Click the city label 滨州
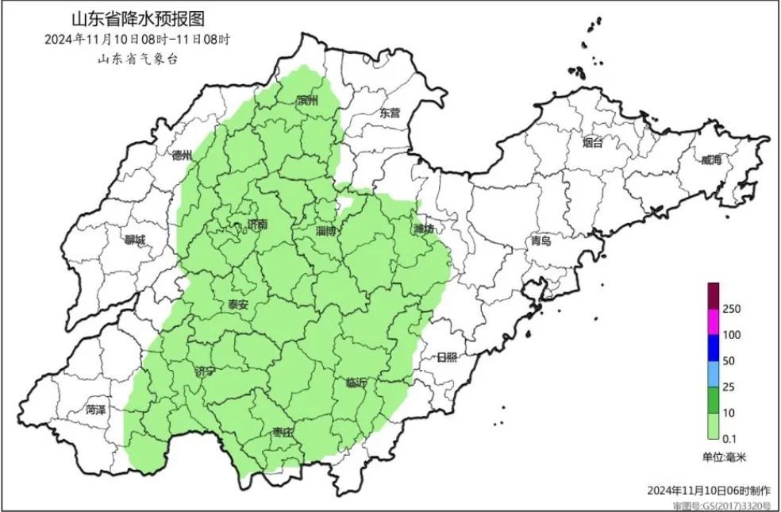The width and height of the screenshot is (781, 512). click(x=306, y=101)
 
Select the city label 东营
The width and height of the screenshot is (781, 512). click(x=390, y=113)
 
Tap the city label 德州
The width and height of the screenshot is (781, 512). click(x=183, y=156)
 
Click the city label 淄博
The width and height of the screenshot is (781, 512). click(x=326, y=231)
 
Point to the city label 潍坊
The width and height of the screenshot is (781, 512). click(x=424, y=229)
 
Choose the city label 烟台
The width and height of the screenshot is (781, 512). click(x=592, y=143)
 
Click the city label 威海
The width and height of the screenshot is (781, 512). click(x=712, y=160)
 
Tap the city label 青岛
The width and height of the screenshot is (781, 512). click(x=541, y=241)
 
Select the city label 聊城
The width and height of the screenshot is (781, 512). click(x=136, y=240)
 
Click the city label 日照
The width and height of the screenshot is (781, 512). click(x=447, y=357)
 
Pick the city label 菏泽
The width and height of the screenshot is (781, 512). click(x=95, y=410)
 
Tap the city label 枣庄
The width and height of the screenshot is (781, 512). click(x=283, y=432)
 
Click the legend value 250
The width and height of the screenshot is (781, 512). click(x=731, y=309)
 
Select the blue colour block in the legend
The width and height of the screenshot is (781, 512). click(x=713, y=347)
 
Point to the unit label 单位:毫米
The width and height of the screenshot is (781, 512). click(x=724, y=457)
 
